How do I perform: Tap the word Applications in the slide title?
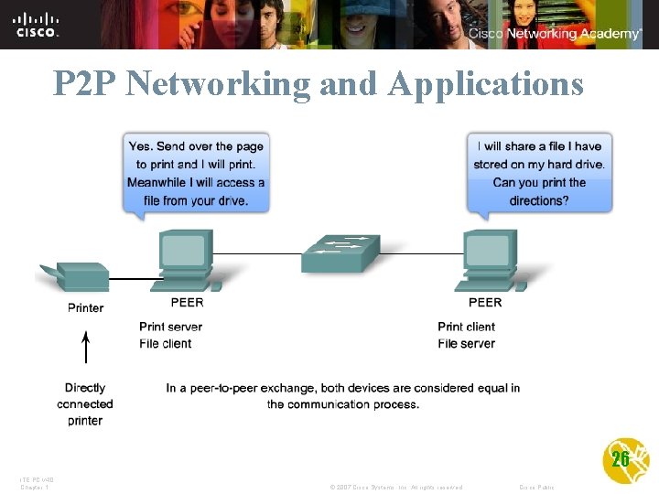pyautogui.click(x=485, y=84)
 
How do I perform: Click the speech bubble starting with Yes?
pyautogui.click(x=196, y=173)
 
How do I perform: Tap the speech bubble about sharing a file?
pyautogui.click(x=539, y=173)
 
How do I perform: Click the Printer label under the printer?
pyautogui.click(x=85, y=308)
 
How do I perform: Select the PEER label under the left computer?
pyautogui.click(x=187, y=303)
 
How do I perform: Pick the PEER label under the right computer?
pyautogui.click(x=485, y=303)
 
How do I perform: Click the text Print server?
pyautogui.click(x=170, y=327)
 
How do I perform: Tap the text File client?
pyautogui.click(x=166, y=344)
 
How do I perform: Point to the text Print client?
pyautogui.click(x=466, y=327)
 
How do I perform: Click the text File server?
pyautogui.click(x=466, y=344)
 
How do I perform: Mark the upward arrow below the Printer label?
pyautogui.click(x=86, y=349)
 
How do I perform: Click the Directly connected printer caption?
pyautogui.click(x=85, y=404)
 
